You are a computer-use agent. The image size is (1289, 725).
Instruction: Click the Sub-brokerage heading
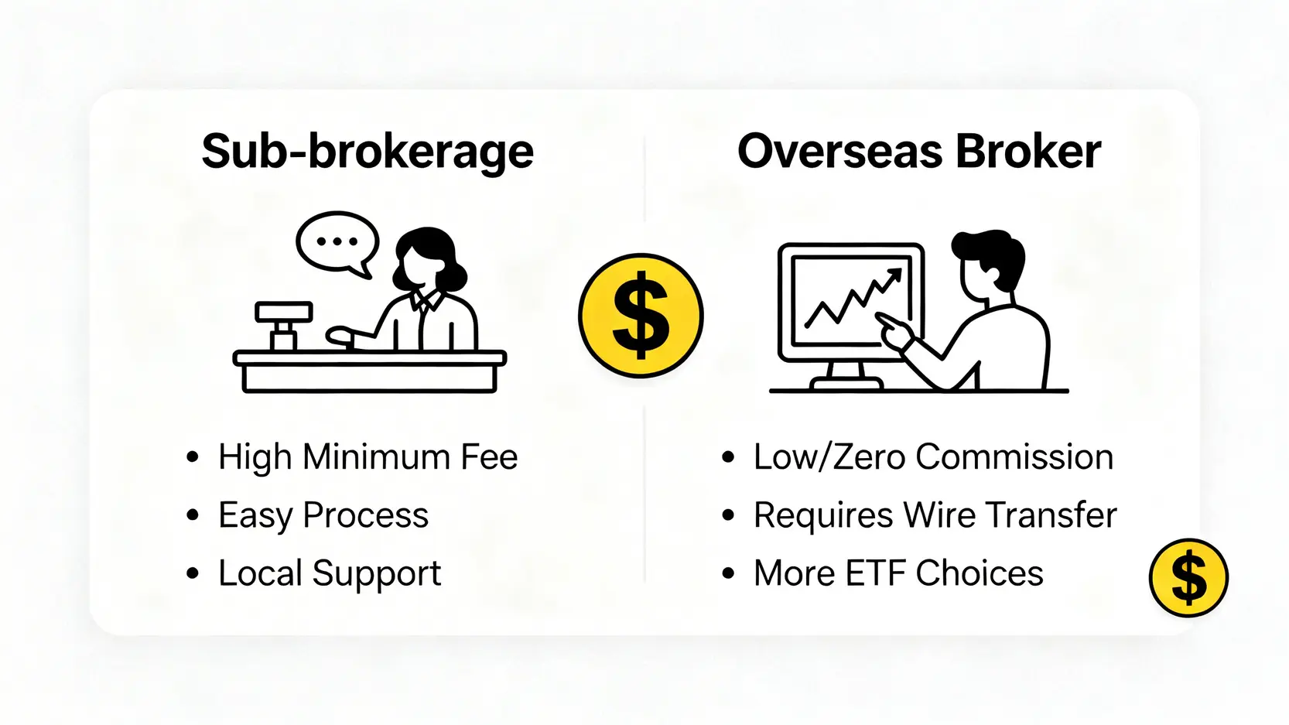pos(368,152)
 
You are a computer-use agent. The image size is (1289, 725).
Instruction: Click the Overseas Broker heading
pos(919,152)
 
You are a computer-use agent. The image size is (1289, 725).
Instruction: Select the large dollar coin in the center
pos(641,316)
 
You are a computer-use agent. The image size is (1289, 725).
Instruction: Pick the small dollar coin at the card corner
pos(1188,578)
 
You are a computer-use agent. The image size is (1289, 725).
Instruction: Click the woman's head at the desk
pos(429,260)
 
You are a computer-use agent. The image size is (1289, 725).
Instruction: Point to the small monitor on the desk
pos(284,325)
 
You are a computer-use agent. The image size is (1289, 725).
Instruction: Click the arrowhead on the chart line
pos(894,276)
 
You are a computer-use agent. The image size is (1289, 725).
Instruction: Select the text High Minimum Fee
pos(368,457)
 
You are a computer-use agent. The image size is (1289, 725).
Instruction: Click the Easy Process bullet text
pos(323,515)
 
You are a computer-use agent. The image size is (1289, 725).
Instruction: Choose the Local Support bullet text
pos(330,573)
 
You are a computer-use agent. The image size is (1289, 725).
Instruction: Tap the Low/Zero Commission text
pos(933,457)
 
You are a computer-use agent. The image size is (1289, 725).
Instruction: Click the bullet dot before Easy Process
pos(193,515)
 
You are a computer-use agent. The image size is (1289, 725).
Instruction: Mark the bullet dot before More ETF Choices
pos(728,573)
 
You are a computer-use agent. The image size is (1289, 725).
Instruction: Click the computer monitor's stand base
pos(846,382)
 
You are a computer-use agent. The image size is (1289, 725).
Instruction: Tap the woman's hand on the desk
pos(340,336)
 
